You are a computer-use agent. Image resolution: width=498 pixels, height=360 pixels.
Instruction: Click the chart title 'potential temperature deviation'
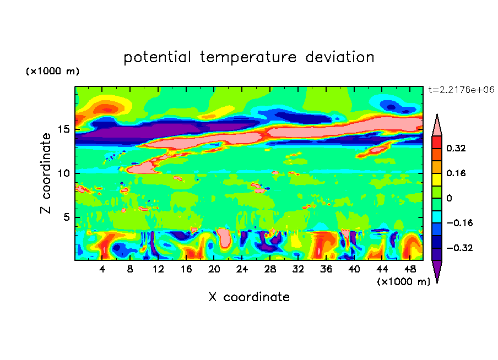(x=249, y=57)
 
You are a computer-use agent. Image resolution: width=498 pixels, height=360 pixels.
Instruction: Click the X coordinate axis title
(x=249, y=297)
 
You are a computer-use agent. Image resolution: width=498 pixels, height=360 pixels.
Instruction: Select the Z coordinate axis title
(x=46, y=173)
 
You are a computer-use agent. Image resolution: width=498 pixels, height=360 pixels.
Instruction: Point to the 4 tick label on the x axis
(x=102, y=270)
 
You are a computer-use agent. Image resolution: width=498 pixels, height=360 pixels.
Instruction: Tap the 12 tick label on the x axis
(x=158, y=270)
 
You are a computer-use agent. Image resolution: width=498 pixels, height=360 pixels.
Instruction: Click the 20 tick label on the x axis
(x=214, y=270)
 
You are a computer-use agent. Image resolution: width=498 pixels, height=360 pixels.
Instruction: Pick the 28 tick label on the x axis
(x=270, y=270)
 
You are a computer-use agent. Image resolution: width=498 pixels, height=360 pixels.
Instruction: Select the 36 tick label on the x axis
(x=326, y=270)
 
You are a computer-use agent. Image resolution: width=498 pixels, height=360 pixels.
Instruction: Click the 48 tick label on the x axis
(x=409, y=270)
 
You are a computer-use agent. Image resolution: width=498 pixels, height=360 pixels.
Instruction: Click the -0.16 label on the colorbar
(x=459, y=223)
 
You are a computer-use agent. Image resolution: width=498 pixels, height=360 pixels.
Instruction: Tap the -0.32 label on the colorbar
(x=459, y=248)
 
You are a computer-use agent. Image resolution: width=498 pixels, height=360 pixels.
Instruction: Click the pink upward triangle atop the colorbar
(x=437, y=125)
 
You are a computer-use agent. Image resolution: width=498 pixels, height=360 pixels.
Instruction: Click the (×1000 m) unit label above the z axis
(x=52, y=72)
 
